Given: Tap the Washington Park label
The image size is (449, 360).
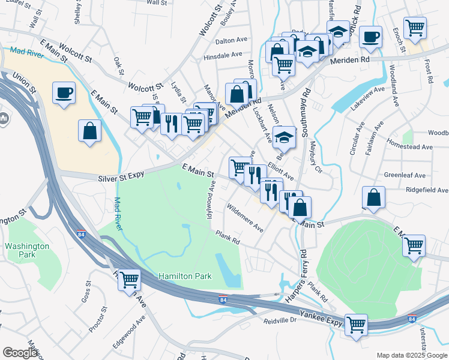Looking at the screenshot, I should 27,251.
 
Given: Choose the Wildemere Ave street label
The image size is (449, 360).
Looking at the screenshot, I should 244,219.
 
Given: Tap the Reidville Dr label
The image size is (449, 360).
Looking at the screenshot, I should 281,320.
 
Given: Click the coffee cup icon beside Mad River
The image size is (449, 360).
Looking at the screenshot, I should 64,93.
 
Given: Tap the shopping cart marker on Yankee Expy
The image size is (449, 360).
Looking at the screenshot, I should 356,325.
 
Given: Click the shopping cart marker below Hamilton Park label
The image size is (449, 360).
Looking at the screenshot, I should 129,280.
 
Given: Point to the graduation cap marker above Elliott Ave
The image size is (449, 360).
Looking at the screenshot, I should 285,136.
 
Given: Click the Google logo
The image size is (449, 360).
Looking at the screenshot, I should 20,353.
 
